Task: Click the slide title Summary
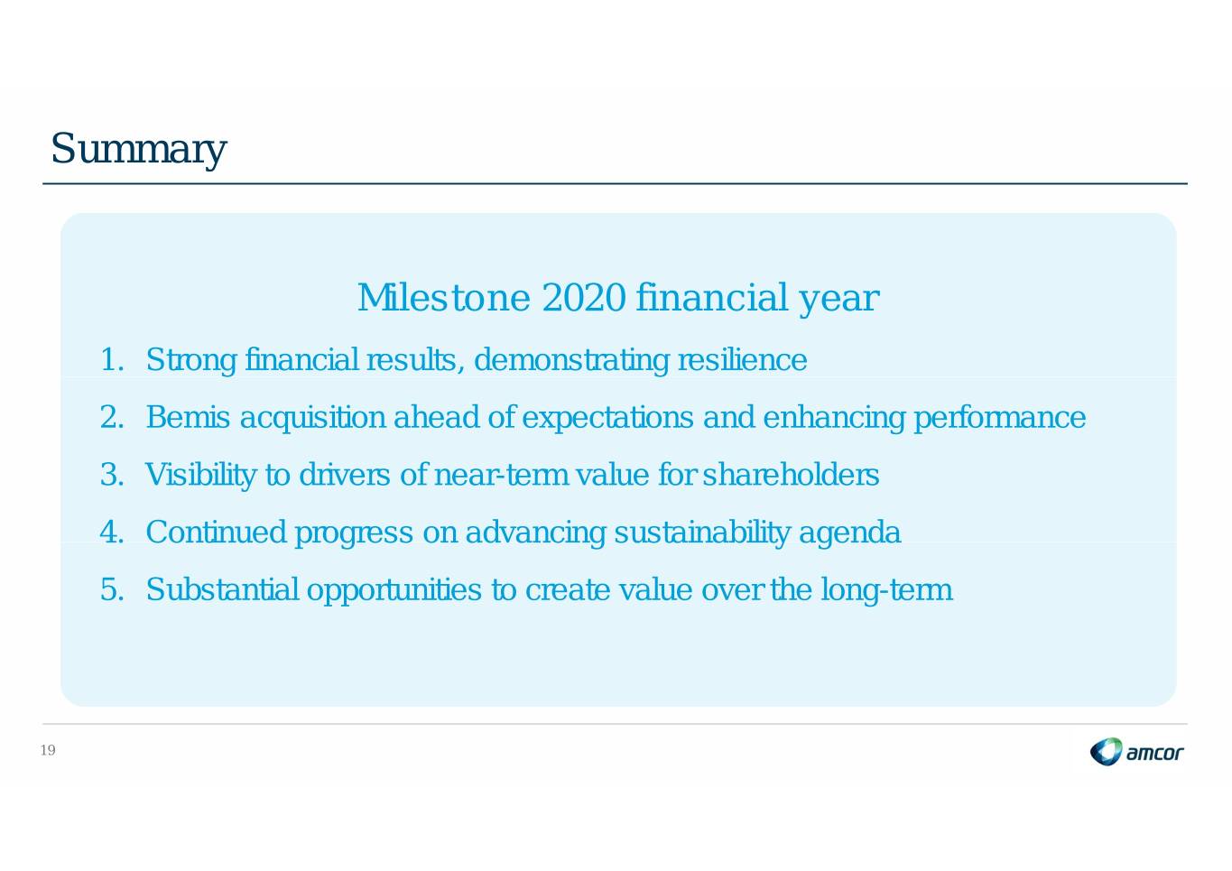pyautogui.click(x=139, y=149)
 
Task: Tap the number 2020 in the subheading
pyautogui.click(x=584, y=298)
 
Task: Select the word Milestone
pyautogui.click(x=444, y=298)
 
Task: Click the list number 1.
pyautogui.click(x=112, y=359)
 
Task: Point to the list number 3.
pyautogui.click(x=112, y=475)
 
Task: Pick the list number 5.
pyautogui.click(x=112, y=589)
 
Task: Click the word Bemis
pyautogui.click(x=188, y=417)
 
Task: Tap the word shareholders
pyautogui.click(x=791, y=475)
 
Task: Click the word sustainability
pyautogui.click(x=702, y=533)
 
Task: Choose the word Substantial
pyautogui.click(x=223, y=589)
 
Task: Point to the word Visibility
pyautogui.click(x=200, y=476)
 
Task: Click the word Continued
pyautogui.click(x=216, y=532)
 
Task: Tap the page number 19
pyautogui.click(x=48, y=750)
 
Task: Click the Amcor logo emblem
pyautogui.click(x=1106, y=752)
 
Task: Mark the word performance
pyautogui.click(x=1000, y=418)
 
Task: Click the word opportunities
pyautogui.click(x=394, y=590)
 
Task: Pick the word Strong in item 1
pyautogui.click(x=191, y=361)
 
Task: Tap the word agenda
pyautogui.click(x=849, y=533)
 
